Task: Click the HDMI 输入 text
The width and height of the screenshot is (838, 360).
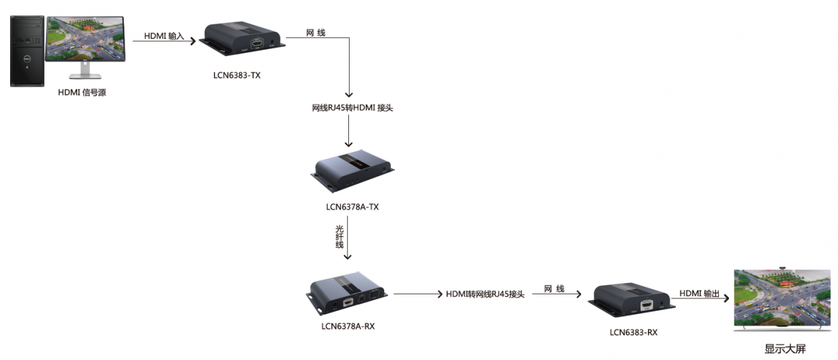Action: (x=164, y=37)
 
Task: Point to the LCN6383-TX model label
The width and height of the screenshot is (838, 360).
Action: (x=237, y=75)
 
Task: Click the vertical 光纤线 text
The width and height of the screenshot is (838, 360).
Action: (x=340, y=235)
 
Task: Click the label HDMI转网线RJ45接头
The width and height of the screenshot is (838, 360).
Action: (x=485, y=294)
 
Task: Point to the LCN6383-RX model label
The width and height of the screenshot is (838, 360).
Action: (x=633, y=332)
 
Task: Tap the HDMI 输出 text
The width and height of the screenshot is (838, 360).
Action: (x=700, y=293)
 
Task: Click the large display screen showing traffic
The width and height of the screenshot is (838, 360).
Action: (x=782, y=300)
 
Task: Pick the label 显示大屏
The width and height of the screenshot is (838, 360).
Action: (x=785, y=349)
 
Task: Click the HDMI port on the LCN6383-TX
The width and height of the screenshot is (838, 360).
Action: (x=257, y=43)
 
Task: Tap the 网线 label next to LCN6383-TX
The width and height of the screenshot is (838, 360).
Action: (x=316, y=32)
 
